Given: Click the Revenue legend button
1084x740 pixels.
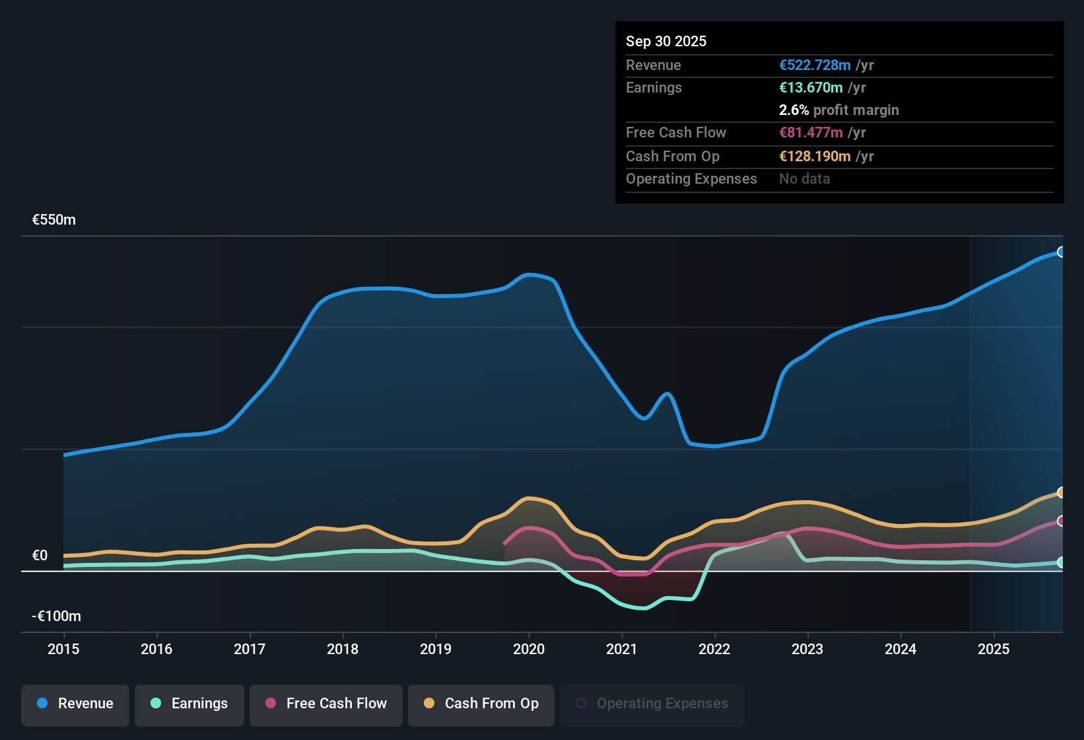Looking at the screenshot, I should (75, 704).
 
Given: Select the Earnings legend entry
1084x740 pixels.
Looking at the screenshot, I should (189, 704).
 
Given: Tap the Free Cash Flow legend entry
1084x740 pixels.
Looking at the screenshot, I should (326, 704).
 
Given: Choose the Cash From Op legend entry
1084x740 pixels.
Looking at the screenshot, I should (481, 704).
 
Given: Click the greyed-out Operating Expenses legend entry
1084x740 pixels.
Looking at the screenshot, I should (652, 704).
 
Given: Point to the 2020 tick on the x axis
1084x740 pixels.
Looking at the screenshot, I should (529, 649).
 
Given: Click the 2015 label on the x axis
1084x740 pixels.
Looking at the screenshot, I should (63, 649).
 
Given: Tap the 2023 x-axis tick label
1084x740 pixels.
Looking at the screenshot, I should (807, 649).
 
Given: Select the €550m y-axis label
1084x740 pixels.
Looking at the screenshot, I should (54, 220).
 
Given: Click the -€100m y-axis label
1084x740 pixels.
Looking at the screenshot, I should (56, 616).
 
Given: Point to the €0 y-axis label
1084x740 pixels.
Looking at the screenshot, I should (40, 556).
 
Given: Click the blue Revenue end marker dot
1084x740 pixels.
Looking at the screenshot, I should (1061, 252).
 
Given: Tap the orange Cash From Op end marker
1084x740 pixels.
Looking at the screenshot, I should (1061, 492).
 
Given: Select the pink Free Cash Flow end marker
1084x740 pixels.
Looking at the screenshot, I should (1061, 521).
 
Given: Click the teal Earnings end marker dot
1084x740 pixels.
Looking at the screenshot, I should (1061, 562).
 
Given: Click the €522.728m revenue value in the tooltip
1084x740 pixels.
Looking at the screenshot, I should (815, 65).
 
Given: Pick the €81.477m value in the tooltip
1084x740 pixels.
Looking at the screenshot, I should (811, 133).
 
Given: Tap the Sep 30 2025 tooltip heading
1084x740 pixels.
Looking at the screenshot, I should (666, 42).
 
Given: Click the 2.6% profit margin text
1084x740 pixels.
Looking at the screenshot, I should (838, 110).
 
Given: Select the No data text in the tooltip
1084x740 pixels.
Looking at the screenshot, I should (804, 179).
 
